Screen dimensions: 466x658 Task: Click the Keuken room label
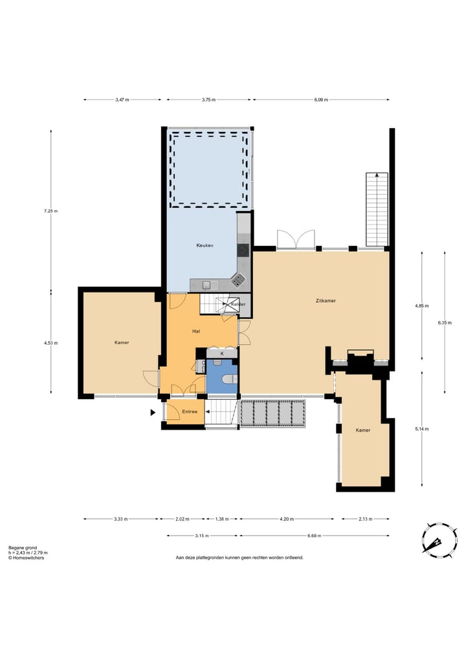tap(205, 245)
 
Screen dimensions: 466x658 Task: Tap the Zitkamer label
tap(326, 301)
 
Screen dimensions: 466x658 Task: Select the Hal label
tap(196, 331)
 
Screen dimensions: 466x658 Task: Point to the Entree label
tap(190, 411)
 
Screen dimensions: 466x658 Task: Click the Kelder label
tap(238, 304)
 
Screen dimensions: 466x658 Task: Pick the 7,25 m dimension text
tap(50, 211)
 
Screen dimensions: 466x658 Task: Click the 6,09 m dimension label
tap(321, 100)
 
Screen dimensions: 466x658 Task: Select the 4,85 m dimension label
tap(422, 306)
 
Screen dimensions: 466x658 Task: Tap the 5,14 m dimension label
tap(422, 429)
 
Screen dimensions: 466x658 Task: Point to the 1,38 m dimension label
tap(221, 519)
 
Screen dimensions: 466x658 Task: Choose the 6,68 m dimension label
tap(314, 536)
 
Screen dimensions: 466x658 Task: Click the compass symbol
tap(439, 540)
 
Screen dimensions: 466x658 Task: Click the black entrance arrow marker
tap(153, 413)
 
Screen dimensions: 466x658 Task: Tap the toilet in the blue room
tap(230, 379)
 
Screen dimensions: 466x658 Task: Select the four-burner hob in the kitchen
tap(238, 280)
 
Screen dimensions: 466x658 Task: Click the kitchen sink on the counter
tap(206, 285)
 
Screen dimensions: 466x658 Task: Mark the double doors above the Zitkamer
tap(296, 239)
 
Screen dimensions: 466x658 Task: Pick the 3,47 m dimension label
tap(122, 100)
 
